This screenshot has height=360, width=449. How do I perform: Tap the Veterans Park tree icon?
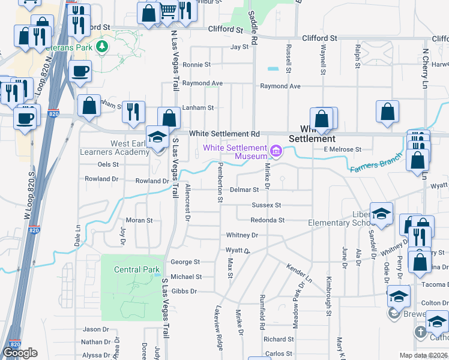point(102,46)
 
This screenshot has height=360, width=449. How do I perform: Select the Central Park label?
point(137,269)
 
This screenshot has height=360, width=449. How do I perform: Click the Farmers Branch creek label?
point(375,163)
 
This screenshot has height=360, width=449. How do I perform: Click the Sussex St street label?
point(266,205)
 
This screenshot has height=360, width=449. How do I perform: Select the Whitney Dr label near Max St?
point(242,235)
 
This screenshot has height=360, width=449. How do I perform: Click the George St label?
point(185,262)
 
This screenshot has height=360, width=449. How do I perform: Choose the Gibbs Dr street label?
point(184,291)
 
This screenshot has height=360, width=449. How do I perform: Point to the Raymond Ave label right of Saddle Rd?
point(280,86)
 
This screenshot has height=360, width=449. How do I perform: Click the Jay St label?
point(240,46)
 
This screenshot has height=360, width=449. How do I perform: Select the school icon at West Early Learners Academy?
point(158,137)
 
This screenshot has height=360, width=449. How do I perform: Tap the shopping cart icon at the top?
point(169,10)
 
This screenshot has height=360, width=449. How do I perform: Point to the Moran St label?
point(139,220)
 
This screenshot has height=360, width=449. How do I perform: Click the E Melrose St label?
point(342,149)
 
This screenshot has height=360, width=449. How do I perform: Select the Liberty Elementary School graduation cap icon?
point(381,214)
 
